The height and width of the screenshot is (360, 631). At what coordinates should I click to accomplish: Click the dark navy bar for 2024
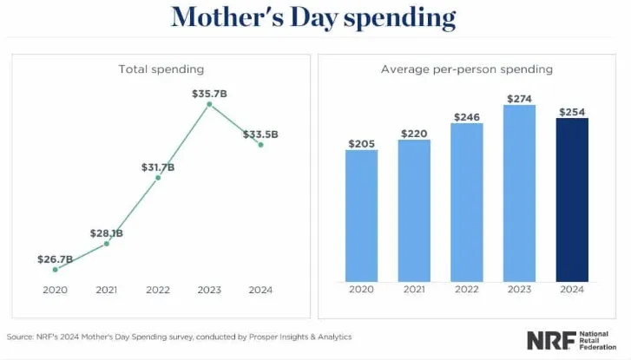tap(572, 200)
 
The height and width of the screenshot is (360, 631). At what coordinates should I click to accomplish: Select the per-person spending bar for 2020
tap(361, 216)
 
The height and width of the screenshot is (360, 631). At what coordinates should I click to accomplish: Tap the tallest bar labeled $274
tap(519, 193)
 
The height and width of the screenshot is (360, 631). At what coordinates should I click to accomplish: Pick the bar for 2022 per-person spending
tap(467, 202)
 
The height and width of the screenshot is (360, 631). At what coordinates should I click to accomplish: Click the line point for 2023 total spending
tap(209, 104)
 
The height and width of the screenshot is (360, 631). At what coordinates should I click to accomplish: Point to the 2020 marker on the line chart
tap(56, 270)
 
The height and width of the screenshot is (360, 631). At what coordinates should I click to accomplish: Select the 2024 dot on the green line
tap(260, 145)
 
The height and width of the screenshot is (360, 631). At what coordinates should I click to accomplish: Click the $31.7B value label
tap(158, 167)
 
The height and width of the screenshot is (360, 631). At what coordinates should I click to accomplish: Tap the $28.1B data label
tap(106, 233)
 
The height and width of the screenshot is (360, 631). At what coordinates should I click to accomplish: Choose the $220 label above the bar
tap(414, 134)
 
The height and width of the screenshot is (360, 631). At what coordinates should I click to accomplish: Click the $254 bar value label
tap(572, 112)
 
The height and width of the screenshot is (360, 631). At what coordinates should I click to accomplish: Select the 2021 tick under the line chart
tap(106, 290)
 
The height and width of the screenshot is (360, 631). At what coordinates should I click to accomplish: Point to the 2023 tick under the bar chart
tap(519, 289)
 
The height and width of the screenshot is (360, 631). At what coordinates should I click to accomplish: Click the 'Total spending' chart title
tap(161, 69)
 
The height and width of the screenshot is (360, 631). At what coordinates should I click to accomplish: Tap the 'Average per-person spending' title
tap(467, 69)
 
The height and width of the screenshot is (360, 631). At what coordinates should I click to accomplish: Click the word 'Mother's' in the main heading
tap(227, 17)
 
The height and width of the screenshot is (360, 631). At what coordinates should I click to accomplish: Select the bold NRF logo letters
tap(551, 340)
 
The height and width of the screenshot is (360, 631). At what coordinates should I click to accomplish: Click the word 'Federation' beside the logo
tap(598, 347)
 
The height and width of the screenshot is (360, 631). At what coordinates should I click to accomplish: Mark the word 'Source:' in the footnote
tap(20, 337)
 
